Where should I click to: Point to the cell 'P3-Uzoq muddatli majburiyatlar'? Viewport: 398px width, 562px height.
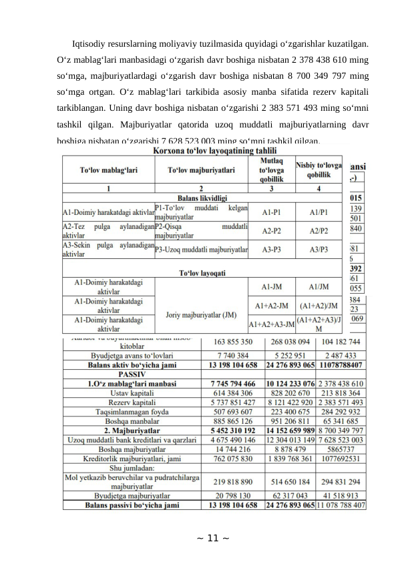201,250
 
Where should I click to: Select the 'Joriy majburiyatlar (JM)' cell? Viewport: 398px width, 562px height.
201,310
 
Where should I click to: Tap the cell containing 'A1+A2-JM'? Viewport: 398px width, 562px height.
270,306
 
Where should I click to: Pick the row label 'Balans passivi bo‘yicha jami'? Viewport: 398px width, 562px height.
132,505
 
